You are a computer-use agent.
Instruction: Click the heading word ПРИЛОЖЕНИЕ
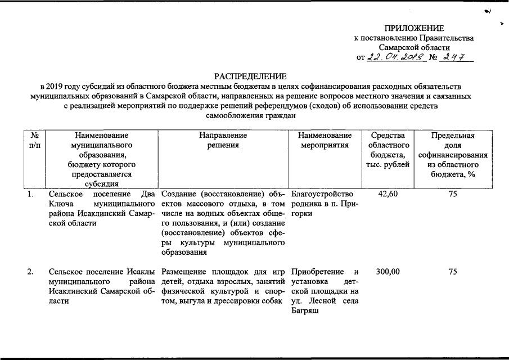pos(414,29)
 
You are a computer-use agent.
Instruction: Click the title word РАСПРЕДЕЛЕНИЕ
pos(250,76)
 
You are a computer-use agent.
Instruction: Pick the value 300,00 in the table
pos(388,272)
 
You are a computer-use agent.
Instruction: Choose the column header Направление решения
pos(223,140)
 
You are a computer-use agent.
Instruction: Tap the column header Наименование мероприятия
pos(325,140)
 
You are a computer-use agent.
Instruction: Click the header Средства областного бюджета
pos(388,150)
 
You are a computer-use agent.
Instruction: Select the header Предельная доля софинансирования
pos(452,155)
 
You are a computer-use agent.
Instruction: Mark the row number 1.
pos(31,194)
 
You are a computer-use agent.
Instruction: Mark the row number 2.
pos(31,272)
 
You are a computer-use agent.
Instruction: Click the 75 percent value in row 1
pos(452,194)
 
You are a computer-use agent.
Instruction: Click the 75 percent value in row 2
pos(452,272)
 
